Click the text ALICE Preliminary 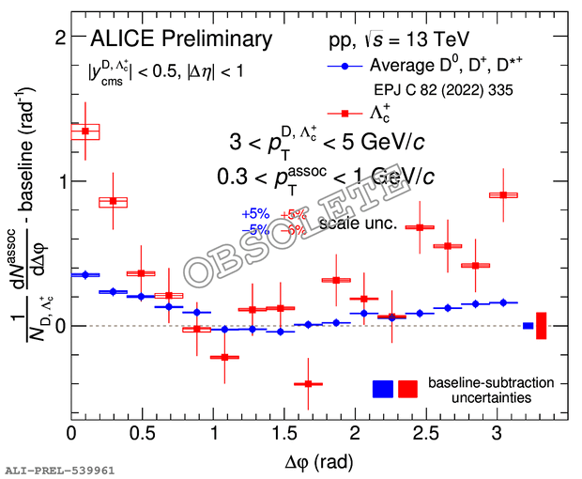pyautogui.click(x=180, y=39)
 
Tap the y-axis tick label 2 pyautogui.click(x=58, y=37)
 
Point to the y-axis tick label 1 pyautogui.click(x=58, y=181)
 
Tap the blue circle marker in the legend pyautogui.click(x=344, y=67)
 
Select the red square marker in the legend pyautogui.click(x=344, y=114)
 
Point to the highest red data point pyautogui.click(x=85, y=131)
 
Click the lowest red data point pyautogui.click(x=302, y=383)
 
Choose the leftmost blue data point pyautogui.click(x=85, y=274)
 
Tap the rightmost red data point pyautogui.click(x=504, y=194)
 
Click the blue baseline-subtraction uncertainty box pyautogui.click(x=383, y=389)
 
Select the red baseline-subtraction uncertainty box pyautogui.click(x=408, y=389)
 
